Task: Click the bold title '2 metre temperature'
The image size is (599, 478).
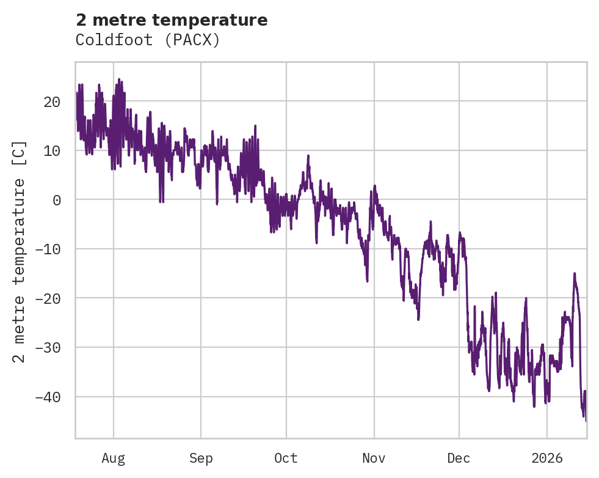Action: click(172, 20)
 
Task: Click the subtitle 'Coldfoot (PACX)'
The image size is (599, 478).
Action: click(147, 40)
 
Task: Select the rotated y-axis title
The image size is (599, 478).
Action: click(20, 252)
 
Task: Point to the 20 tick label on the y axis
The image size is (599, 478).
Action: click(51, 101)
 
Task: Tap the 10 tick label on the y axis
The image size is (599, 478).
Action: click(51, 150)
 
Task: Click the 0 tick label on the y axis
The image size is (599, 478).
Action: click(57, 200)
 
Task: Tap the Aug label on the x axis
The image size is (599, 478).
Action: click(113, 458)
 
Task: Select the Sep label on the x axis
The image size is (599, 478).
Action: click(201, 458)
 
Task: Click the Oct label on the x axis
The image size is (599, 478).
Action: click(286, 458)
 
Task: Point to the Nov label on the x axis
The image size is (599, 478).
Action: click(374, 458)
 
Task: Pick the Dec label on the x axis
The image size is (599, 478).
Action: click(459, 458)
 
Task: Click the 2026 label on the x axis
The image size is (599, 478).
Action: click(546, 458)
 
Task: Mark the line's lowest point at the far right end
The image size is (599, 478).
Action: click(586, 421)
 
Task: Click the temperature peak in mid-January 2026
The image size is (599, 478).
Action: click(574, 274)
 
